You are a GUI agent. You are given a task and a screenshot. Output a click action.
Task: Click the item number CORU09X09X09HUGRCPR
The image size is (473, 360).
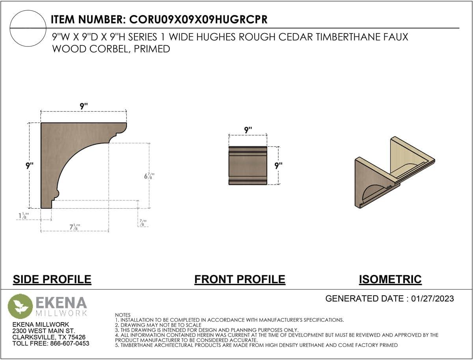coord(198,19)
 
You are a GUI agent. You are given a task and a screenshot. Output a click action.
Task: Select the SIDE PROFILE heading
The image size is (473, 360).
coord(52,279)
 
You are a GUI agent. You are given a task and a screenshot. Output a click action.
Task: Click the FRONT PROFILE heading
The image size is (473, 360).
coord(240,279)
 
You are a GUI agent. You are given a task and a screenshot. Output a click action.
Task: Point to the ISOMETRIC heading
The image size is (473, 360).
coord(390,279)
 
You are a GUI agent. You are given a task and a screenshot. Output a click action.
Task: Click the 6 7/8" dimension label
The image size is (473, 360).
coord(149,176)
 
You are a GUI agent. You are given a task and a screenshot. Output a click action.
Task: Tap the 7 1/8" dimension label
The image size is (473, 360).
coord(75,227)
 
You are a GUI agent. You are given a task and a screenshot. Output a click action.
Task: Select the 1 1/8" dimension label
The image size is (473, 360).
coord(24,216)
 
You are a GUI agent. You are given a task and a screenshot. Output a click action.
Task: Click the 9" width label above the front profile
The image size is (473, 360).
coord(248,130)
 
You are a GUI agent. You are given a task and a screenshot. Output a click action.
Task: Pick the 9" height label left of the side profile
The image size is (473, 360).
coord(30,166)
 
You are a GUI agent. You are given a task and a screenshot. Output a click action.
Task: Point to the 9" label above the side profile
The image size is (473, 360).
coord(84,106)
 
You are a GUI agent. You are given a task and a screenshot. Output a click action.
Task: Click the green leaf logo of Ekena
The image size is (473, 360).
coord(20,306)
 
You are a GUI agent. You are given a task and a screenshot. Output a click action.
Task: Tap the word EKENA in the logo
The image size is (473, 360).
coord(61,303)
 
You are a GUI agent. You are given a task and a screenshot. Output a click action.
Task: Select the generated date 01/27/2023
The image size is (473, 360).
coord(432,298)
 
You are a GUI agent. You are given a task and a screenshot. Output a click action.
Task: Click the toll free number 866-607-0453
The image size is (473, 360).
coord(70,343)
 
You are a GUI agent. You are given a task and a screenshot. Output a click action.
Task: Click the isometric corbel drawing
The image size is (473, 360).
coord(395,173)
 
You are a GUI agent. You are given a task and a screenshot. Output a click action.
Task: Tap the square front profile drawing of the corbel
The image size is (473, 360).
coord(248,166)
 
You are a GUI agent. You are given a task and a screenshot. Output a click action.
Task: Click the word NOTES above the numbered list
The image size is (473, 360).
coord(123,315)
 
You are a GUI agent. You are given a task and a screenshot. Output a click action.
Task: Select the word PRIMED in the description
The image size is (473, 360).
coord(152,49)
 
